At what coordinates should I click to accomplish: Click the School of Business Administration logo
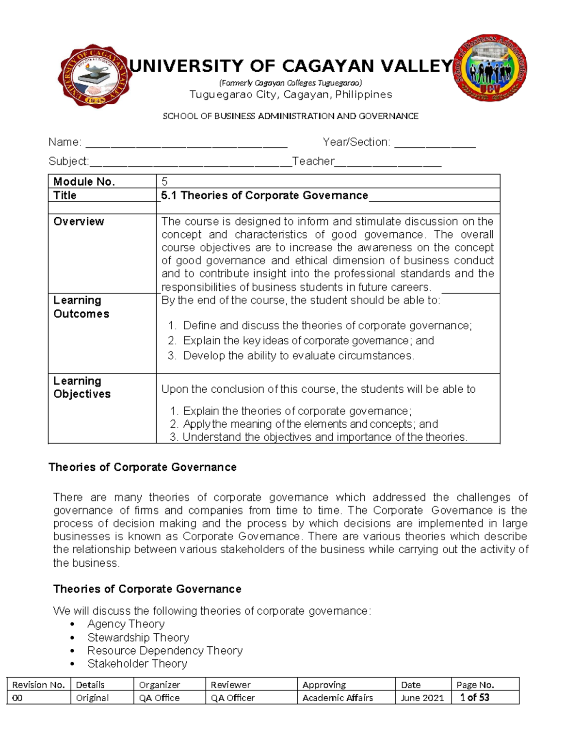(x=490, y=68)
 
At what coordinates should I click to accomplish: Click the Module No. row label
(x=84, y=182)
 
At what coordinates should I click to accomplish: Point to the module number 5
(x=165, y=182)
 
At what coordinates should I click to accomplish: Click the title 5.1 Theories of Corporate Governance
(x=264, y=195)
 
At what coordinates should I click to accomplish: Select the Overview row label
(x=79, y=222)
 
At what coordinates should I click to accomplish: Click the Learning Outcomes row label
(x=81, y=307)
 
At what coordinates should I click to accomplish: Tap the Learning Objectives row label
(x=81, y=387)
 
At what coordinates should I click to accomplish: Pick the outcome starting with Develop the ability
(x=298, y=356)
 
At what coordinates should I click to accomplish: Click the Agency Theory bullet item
(x=126, y=624)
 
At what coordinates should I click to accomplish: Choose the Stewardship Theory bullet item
(x=138, y=638)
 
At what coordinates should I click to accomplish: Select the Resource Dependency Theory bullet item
(x=165, y=651)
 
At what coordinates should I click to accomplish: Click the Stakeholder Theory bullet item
(x=137, y=664)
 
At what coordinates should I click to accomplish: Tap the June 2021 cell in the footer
(x=422, y=698)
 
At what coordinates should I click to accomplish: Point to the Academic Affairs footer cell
(x=338, y=698)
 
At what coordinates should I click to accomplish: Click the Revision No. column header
(x=38, y=685)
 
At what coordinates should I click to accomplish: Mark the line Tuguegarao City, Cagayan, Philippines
(x=291, y=95)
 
